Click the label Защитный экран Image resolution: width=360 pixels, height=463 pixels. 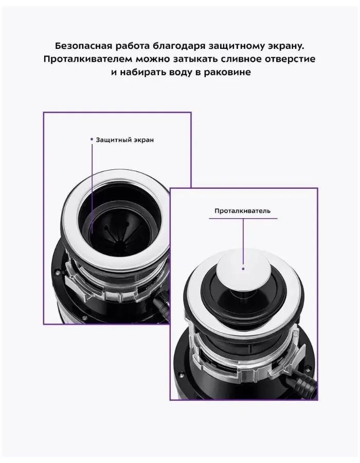[x=125, y=139]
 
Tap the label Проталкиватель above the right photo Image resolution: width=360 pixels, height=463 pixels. [x=243, y=211]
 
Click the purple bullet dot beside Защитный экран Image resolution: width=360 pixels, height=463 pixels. [x=92, y=139]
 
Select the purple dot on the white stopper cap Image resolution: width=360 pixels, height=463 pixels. [x=243, y=269]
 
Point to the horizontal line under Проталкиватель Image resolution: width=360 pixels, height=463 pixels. [x=243, y=219]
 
